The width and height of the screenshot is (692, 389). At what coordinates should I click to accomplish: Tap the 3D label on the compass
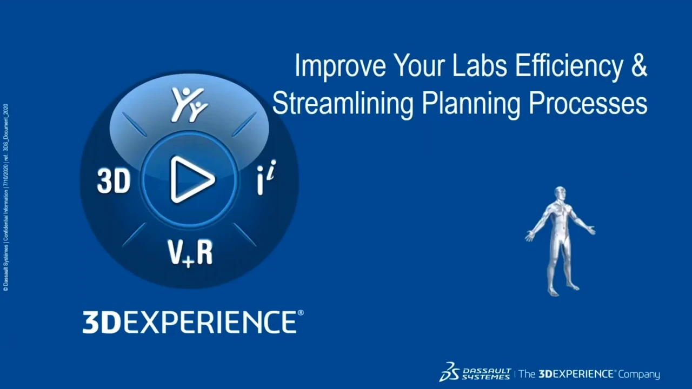pos(114,182)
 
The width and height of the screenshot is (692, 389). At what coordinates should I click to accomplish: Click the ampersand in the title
pos(640,66)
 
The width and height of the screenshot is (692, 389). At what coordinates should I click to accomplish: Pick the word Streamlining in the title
pos(343,103)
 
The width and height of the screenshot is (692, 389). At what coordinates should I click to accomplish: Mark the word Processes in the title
pos(588,103)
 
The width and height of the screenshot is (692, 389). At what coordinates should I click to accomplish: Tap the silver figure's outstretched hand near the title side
pos(529,237)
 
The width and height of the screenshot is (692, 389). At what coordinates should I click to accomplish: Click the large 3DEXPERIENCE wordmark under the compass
pos(189,321)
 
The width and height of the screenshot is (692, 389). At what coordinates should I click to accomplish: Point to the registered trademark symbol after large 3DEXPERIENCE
pos(301,313)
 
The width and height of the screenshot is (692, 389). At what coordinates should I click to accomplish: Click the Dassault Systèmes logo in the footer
pos(475,372)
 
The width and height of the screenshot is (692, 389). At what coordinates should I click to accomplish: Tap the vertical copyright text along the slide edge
pos(5,197)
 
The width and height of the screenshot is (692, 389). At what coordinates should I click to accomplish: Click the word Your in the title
pos(416,66)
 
